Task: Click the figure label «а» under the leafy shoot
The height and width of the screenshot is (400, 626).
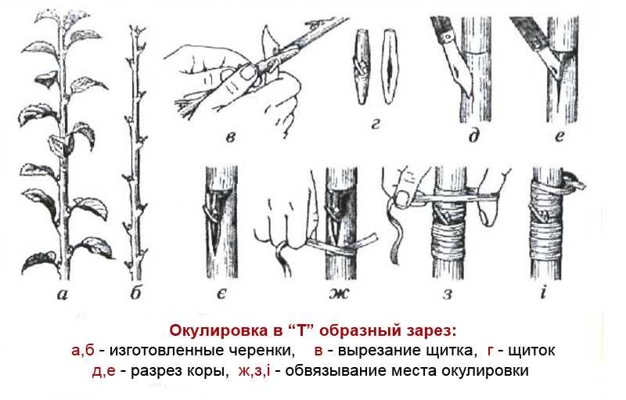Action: click(63, 294)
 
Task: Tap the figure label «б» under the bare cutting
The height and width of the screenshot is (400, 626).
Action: click(135, 293)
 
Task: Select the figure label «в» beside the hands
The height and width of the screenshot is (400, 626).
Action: click(230, 138)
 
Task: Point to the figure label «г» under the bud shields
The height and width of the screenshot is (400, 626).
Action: click(375, 125)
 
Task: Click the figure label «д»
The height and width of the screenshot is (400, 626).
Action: click(473, 135)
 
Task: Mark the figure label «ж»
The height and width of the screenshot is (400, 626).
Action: click(340, 294)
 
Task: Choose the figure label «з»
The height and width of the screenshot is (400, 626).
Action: click(448, 294)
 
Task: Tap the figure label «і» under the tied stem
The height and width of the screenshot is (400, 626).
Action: click(543, 293)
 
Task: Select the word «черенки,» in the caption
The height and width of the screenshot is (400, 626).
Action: click(261, 351)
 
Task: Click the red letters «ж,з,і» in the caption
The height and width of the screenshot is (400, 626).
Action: click(254, 371)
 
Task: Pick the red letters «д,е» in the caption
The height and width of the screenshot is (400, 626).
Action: click(104, 371)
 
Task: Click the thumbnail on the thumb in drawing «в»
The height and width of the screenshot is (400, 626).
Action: click(247, 72)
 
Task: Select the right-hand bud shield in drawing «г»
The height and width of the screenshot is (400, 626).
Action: click(389, 67)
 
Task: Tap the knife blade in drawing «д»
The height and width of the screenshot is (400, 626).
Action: click(460, 69)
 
